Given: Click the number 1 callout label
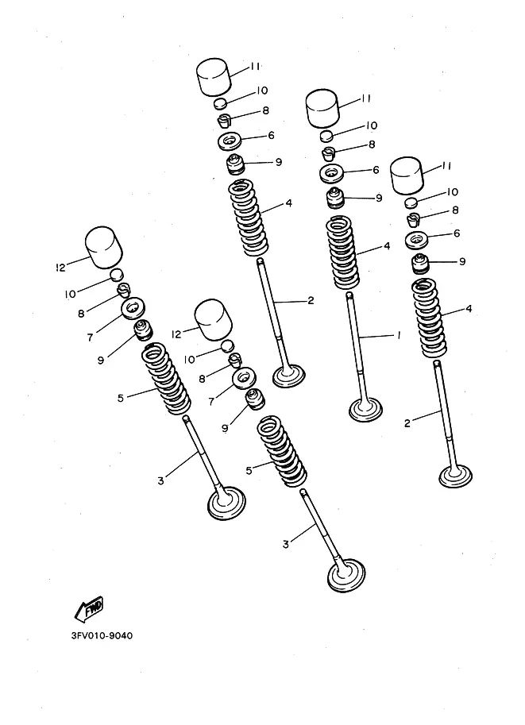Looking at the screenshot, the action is [x=399, y=335].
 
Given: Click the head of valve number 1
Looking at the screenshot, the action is [x=366, y=410].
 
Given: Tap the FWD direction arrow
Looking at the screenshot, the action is [x=89, y=608].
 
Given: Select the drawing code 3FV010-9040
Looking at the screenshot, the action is [x=102, y=635].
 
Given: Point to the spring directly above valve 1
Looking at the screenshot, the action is [x=343, y=253].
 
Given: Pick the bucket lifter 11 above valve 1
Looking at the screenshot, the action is [x=323, y=108].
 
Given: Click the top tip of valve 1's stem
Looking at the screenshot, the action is [x=349, y=295].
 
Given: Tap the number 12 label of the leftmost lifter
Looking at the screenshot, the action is [x=60, y=267].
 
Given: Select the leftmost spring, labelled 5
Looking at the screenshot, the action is [x=166, y=378].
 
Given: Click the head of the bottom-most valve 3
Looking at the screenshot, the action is [x=346, y=575].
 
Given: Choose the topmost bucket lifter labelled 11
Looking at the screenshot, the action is [x=214, y=77].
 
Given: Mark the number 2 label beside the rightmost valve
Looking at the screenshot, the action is [x=407, y=423].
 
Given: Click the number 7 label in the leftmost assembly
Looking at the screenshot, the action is [x=90, y=337].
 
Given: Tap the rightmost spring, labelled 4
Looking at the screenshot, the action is [x=430, y=318].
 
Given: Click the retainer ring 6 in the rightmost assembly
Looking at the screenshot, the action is [x=417, y=240].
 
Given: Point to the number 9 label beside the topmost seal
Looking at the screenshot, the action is [x=279, y=162].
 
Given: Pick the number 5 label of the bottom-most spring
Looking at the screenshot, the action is [x=249, y=471].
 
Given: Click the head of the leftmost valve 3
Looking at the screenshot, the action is [x=226, y=503].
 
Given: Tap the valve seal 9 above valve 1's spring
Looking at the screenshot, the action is [x=336, y=198].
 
